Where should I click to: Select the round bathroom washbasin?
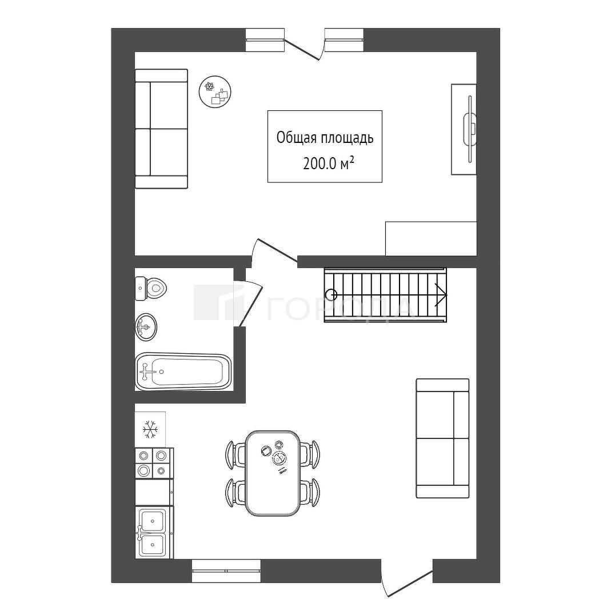146,326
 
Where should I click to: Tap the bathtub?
183,372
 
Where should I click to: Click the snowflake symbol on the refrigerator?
150,429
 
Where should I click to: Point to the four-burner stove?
154,464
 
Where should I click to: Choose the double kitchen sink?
152,533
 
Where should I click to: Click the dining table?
273,473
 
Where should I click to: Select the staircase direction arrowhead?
441,295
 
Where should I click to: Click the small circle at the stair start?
332,295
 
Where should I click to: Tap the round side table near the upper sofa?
215,93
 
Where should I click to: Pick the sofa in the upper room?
161,129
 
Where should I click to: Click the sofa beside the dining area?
442,438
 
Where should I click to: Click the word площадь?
348,138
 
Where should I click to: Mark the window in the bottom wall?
226,571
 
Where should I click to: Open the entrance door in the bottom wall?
407,582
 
